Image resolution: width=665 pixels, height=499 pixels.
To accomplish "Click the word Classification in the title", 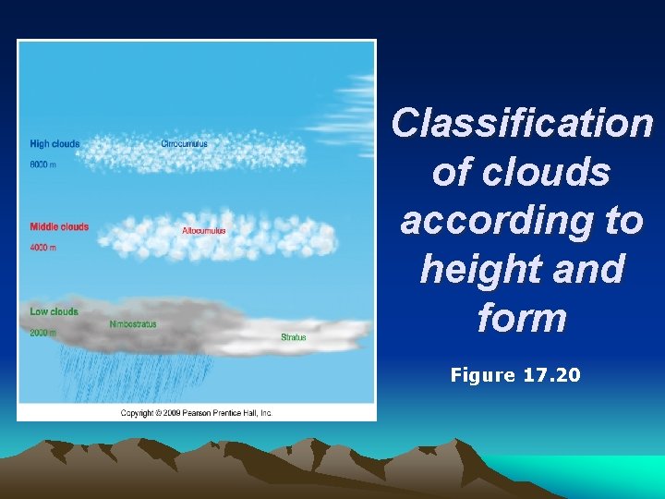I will tap(522, 124).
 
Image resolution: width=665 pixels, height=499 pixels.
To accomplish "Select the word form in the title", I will tap(522, 319).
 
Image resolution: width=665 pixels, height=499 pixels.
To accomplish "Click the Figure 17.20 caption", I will tap(515, 375).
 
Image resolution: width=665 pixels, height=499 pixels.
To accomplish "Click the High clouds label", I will tap(54, 144).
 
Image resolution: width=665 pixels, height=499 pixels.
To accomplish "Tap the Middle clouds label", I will tap(59, 226).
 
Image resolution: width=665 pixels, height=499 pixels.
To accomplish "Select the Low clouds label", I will tap(54, 311).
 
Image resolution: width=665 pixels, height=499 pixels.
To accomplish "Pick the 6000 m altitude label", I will tap(43, 164).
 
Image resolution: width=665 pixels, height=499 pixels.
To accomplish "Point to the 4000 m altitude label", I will tap(43, 248).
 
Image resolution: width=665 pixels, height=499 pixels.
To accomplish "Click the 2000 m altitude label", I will tap(43, 332).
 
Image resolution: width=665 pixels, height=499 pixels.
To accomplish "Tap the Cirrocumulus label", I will tap(184, 144).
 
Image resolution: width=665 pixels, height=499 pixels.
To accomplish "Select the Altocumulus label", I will tap(204, 230).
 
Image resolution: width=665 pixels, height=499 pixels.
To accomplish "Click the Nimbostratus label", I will tap(133, 324).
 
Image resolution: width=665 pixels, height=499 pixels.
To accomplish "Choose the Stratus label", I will tap(294, 337).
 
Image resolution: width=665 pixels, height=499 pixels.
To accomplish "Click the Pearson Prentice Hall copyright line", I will tap(197, 413).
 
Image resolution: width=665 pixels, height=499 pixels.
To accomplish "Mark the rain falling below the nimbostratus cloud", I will tap(129, 374).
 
